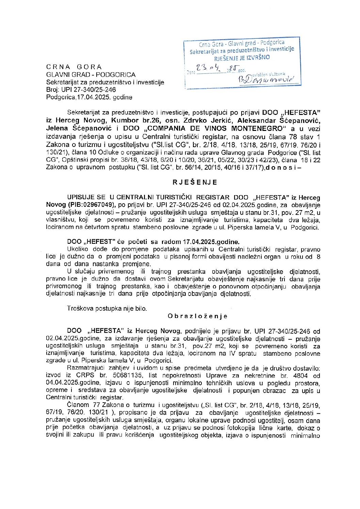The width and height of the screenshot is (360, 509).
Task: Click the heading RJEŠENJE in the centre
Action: pos(195,182)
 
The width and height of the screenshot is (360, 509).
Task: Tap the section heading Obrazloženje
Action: pos(197,316)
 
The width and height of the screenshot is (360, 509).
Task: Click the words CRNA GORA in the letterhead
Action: pos(74,67)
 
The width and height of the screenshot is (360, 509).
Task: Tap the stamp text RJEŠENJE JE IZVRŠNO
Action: pos(242,57)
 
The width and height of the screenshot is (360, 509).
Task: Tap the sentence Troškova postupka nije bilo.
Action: pos(107,309)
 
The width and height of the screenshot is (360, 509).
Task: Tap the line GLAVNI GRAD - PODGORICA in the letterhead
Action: pos(91,75)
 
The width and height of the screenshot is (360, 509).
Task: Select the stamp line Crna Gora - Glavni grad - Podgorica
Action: pos(242,44)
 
